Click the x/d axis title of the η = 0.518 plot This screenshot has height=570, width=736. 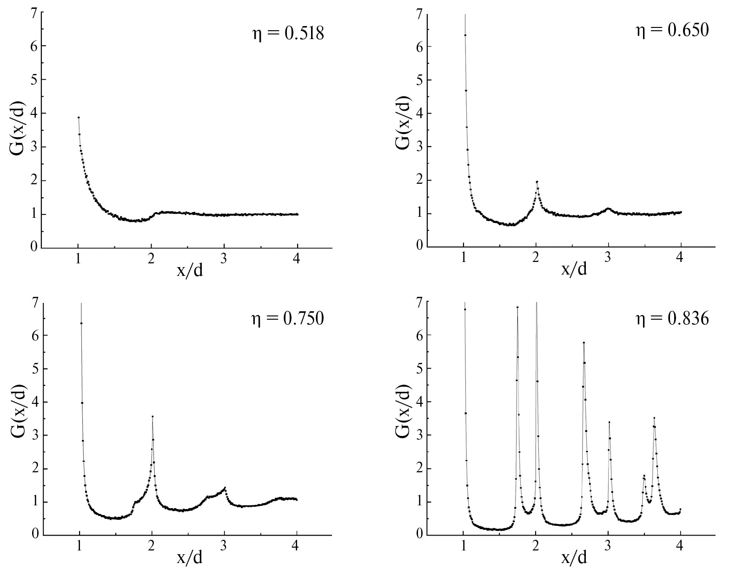[x=190, y=270]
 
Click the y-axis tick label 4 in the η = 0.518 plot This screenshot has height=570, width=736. [x=34, y=114]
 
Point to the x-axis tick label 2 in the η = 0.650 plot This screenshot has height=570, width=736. [x=536, y=257]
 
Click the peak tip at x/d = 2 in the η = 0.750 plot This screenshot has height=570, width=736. [x=153, y=416]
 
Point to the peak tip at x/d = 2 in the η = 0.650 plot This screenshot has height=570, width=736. [x=537, y=181]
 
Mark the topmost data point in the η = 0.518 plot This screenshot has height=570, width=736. [x=79, y=118]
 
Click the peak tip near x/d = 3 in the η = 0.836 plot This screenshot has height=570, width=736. [x=609, y=422]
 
